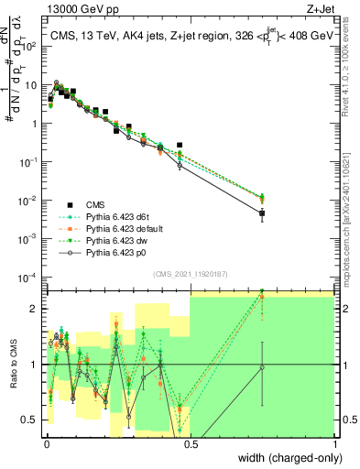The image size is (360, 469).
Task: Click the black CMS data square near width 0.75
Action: (262, 214)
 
